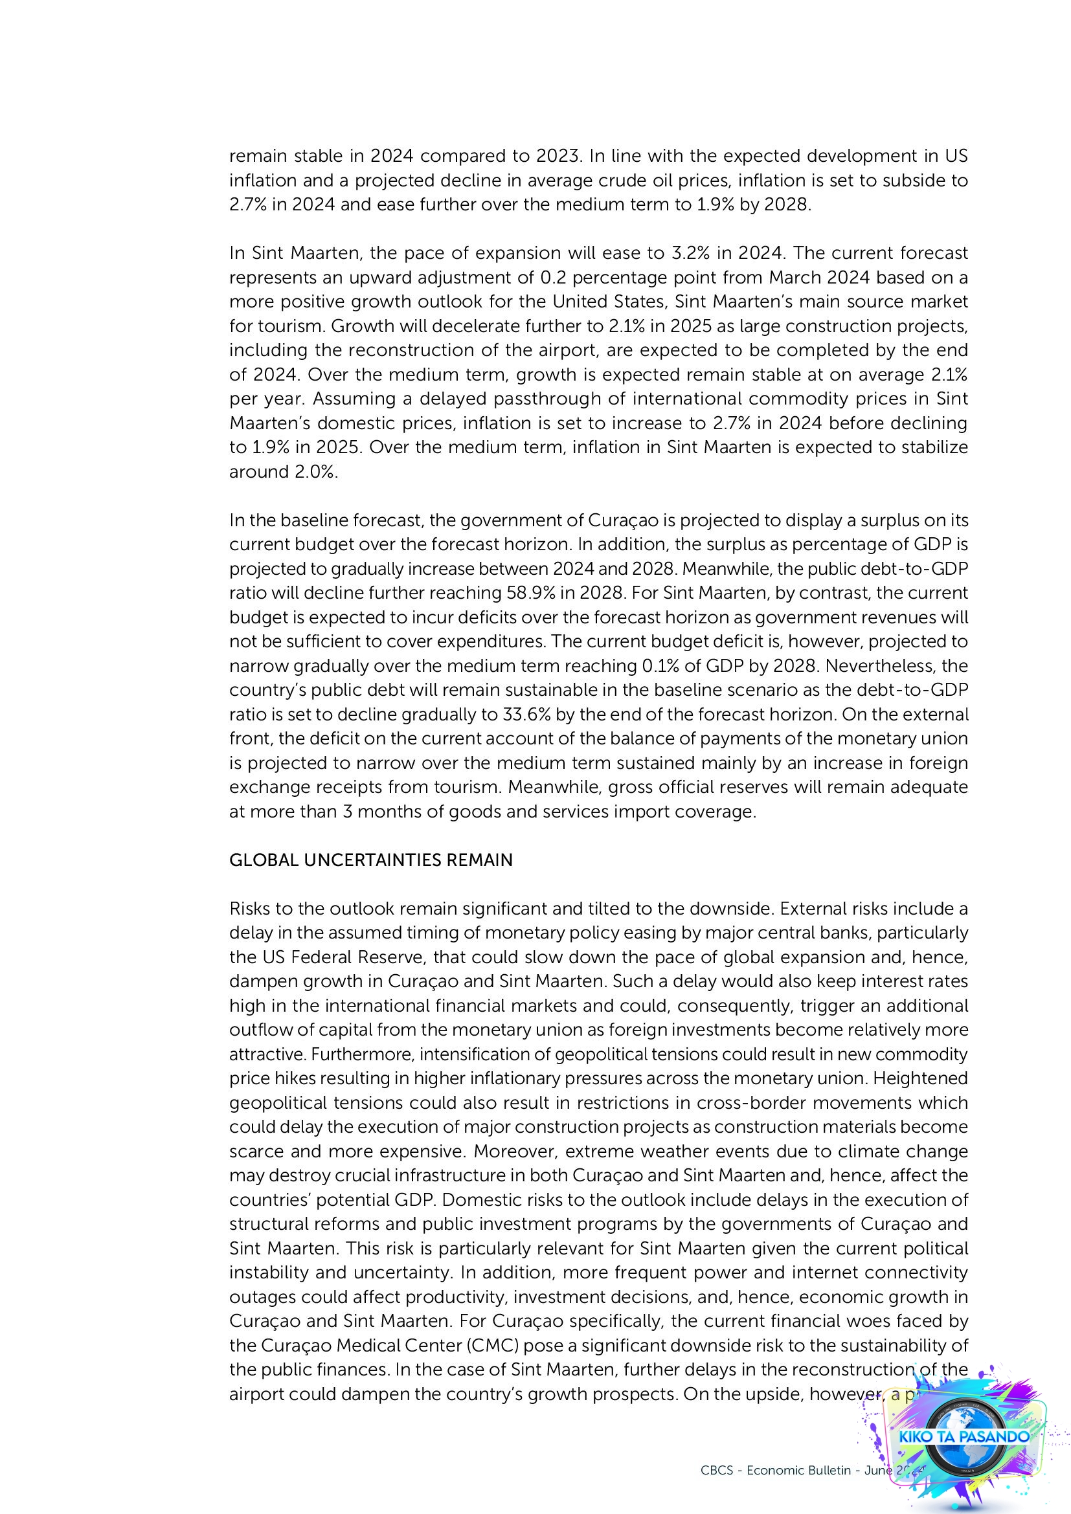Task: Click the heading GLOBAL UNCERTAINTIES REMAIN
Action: pyautogui.click(x=370, y=860)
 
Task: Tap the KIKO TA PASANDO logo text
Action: pyautogui.click(x=964, y=1436)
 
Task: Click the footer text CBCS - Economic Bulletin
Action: pyautogui.click(x=776, y=1471)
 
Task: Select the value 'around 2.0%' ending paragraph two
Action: pyautogui.click(x=283, y=472)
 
